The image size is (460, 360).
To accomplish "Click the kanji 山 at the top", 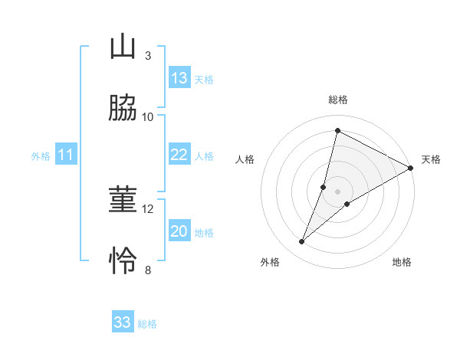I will pyautogui.click(x=123, y=47).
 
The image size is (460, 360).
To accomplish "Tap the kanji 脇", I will pyautogui.click(x=123, y=109).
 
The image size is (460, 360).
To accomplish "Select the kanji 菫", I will pyautogui.click(x=123, y=201).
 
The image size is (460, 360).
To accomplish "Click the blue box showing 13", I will pyautogui.click(x=179, y=78).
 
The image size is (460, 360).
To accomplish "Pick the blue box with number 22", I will pyautogui.click(x=179, y=155).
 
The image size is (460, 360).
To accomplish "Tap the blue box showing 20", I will pyautogui.click(x=179, y=232).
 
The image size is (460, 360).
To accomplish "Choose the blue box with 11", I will pyautogui.click(x=66, y=155).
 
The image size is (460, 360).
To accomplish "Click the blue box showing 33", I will pyautogui.click(x=123, y=322).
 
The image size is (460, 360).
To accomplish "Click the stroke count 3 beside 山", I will pyautogui.click(x=148, y=56).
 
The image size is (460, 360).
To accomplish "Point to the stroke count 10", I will pyautogui.click(x=148, y=117).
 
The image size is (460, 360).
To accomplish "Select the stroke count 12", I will pyautogui.click(x=148, y=209).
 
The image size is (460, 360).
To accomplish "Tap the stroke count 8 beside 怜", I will pyautogui.click(x=148, y=270).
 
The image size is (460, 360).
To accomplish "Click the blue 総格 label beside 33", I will pyautogui.click(x=148, y=324).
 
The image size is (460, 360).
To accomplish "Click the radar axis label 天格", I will pyautogui.click(x=431, y=159).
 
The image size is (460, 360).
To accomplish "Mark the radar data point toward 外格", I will pyautogui.click(x=302, y=242).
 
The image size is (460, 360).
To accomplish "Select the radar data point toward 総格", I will pyautogui.click(x=337, y=131).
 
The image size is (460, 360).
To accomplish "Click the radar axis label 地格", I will pyautogui.click(x=402, y=262).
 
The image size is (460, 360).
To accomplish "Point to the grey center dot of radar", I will pyautogui.click(x=338, y=191).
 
